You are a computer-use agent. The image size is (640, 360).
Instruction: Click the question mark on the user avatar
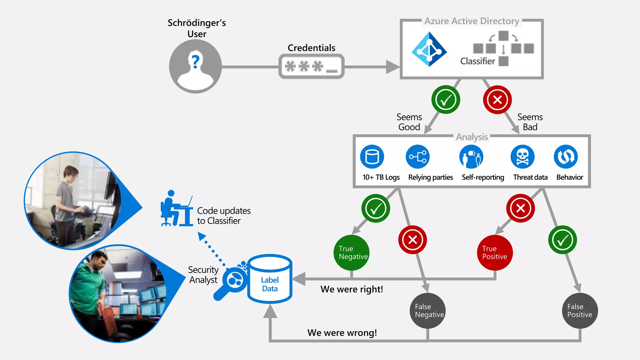196,61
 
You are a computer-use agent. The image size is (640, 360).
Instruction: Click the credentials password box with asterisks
311,67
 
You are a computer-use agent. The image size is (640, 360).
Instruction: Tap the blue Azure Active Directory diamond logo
429,49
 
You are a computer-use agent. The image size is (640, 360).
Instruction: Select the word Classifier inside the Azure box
477,61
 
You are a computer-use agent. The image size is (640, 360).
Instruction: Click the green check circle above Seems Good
446,100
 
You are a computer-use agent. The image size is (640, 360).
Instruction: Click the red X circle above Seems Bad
497,100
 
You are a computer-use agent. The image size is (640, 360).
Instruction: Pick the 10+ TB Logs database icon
372,157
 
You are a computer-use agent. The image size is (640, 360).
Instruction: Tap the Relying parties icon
418,157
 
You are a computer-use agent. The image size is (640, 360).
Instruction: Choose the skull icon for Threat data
522,157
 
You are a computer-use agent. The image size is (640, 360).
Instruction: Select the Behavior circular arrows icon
566,157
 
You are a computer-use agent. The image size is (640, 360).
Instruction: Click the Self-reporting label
483,177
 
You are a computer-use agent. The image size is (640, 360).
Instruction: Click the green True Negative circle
352,253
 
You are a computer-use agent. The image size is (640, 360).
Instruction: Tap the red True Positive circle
495,253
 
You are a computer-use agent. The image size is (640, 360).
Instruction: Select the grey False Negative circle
427,311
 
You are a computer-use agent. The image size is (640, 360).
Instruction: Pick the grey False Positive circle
580,311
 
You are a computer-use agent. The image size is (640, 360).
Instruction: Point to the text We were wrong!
342,333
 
